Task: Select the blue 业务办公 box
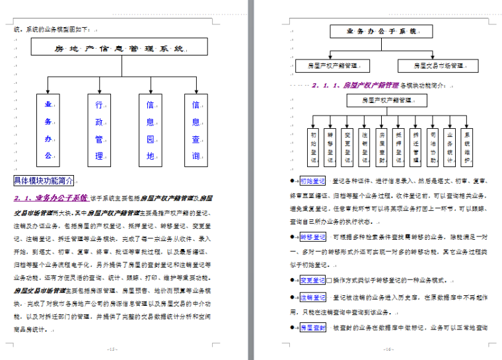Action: click(48, 130)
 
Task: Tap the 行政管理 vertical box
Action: click(99, 130)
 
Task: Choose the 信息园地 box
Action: click(150, 130)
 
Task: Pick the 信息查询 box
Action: click(196, 130)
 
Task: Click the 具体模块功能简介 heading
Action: click(44, 181)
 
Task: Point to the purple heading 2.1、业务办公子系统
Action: click(51, 198)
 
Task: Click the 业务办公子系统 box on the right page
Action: click(381, 31)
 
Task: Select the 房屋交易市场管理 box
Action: click(437, 66)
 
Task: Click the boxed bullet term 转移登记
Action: click(312, 236)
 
